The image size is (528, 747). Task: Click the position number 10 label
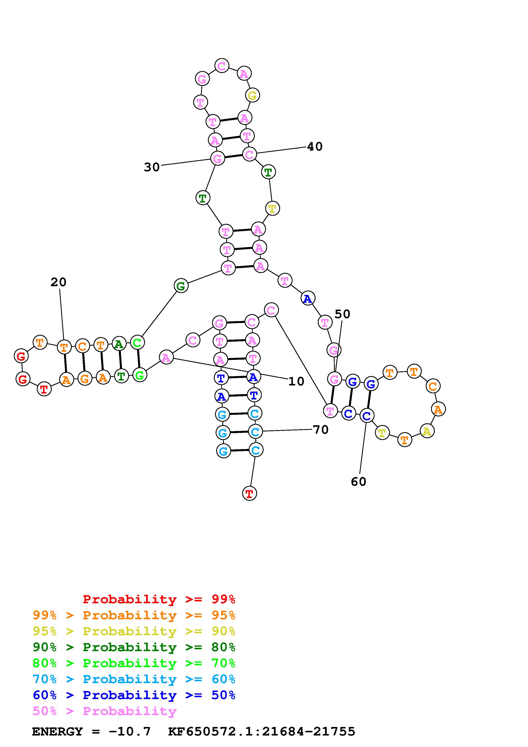click(296, 381)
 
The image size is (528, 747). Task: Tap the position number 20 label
click(59, 282)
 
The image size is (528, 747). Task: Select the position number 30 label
click(152, 167)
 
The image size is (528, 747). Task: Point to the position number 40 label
click(315, 147)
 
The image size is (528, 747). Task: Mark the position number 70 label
click(321, 430)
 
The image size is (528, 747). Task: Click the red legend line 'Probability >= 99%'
click(159, 599)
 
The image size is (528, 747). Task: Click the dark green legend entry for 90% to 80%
click(134, 647)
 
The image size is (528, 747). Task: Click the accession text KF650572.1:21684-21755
click(262, 731)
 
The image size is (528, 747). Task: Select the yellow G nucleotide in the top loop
click(252, 96)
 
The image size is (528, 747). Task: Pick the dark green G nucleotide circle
click(181, 286)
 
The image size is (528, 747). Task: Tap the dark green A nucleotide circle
click(119, 344)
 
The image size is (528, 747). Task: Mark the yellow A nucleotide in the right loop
click(427, 431)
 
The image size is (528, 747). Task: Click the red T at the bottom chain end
click(250, 494)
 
